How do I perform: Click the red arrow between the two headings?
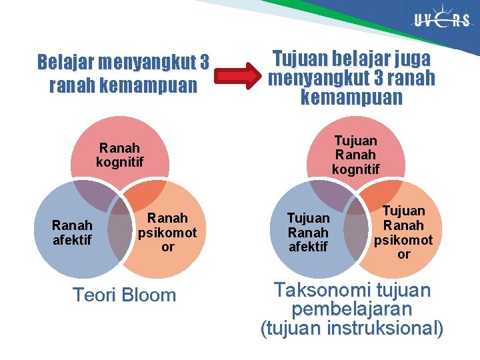(x=239, y=75)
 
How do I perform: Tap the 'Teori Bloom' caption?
(x=124, y=295)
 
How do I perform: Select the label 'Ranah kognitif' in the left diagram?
(x=120, y=155)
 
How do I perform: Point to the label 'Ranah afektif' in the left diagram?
(x=73, y=233)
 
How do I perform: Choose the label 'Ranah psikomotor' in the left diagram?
(x=167, y=232)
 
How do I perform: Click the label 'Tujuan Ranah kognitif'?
(x=355, y=155)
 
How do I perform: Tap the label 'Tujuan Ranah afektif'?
(x=309, y=233)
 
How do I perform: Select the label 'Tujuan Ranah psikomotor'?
(x=403, y=232)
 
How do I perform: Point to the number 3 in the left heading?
(x=204, y=63)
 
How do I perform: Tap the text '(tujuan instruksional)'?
(x=351, y=329)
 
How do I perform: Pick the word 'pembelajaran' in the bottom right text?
(x=351, y=309)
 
